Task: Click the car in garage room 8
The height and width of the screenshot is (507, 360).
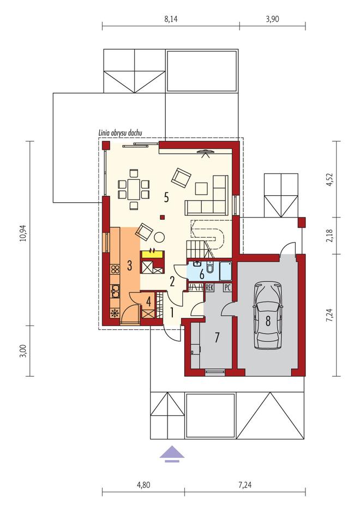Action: [x=268, y=315]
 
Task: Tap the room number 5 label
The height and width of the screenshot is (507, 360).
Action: [x=166, y=197]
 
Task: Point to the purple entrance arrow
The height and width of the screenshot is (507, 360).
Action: [x=172, y=453]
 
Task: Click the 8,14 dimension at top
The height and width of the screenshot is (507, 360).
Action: [x=171, y=20]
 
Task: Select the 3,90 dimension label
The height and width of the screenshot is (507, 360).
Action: [x=272, y=20]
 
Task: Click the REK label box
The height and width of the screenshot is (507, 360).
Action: [x=209, y=287]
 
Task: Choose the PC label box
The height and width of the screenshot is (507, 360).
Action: [x=227, y=287]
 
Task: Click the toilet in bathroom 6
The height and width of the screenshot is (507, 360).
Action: [x=210, y=268]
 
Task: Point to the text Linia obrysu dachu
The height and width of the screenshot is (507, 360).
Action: [x=120, y=133]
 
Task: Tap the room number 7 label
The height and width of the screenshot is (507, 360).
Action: [x=217, y=337]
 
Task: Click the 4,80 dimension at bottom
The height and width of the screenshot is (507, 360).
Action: [x=143, y=485]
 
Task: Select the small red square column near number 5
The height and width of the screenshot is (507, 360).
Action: [x=163, y=218]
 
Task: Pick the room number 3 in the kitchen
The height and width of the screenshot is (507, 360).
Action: [x=129, y=266]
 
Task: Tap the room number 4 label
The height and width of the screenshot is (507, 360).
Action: [x=148, y=302]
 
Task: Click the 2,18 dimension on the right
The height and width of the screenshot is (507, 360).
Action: [x=329, y=236]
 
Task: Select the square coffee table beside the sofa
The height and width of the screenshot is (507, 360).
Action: [x=201, y=189]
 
